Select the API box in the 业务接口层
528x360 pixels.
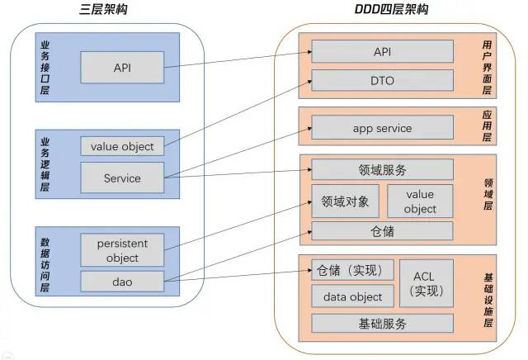pyautogui.click(x=122, y=66)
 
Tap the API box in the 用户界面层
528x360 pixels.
pyautogui.click(x=382, y=52)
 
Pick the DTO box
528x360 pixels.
pyautogui.click(x=382, y=80)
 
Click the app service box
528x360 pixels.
pyautogui.click(x=382, y=128)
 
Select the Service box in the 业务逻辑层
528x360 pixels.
pyautogui.click(x=122, y=178)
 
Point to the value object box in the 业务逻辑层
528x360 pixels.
pyautogui.click(x=122, y=146)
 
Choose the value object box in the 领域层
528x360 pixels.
pyautogui.click(x=420, y=201)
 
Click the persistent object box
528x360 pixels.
pyautogui.click(x=122, y=250)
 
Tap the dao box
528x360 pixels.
pyautogui.click(x=122, y=282)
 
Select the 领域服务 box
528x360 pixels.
pyautogui.click(x=382, y=170)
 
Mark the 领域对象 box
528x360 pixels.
pyautogui.click(x=345, y=201)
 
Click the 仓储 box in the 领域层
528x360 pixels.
pyautogui.click(x=382, y=231)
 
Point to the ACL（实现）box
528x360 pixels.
pyautogui.click(x=426, y=283)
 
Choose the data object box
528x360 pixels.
pyautogui.click(x=352, y=296)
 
